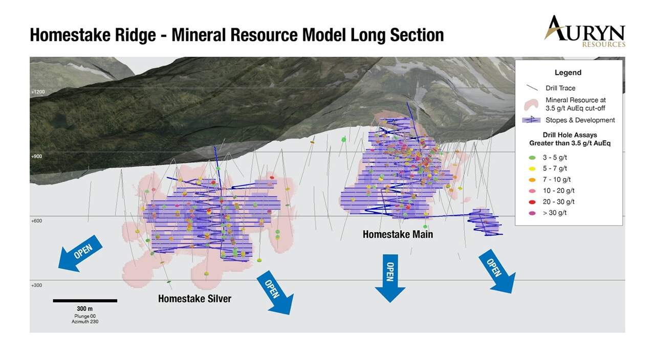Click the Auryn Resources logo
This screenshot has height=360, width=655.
pyautogui.click(x=584, y=32)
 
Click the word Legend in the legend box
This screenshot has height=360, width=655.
pyautogui.click(x=568, y=73)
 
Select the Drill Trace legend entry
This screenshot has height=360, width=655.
pyautogui.click(x=550, y=88)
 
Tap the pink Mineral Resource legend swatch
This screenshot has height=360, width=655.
pyautogui.click(x=531, y=104)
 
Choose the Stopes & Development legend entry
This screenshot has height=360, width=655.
pyautogui.click(x=569, y=120)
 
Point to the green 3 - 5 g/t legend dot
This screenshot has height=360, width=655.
pyautogui.click(x=532, y=158)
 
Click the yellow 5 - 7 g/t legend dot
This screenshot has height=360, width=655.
pyautogui.click(x=532, y=169)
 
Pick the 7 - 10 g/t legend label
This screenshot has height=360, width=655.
pyautogui.click(x=557, y=179)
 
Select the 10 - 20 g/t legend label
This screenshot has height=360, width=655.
pyautogui.click(x=558, y=191)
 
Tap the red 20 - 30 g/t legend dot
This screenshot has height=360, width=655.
pyautogui.click(x=532, y=202)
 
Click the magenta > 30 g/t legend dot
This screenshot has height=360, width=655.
pyautogui.click(x=532, y=213)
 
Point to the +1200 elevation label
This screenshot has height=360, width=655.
pyautogui.click(x=38, y=92)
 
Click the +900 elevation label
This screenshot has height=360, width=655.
pyautogui.click(x=36, y=156)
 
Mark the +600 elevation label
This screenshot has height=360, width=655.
pyautogui.click(x=36, y=220)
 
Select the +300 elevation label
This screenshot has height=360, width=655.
pyautogui.click(x=36, y=285)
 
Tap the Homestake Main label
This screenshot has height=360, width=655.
pyautogui.click(x=398, y=234)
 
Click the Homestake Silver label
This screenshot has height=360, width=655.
pyautogui.click(x=194, y=299)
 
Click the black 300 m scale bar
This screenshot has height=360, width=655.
pyautogui.click(x=85, y=301)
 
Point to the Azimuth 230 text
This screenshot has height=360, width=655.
pyautogui.click(x=85, y=322)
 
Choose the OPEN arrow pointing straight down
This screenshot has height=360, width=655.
pyautogui.click(x=390, y=278)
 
